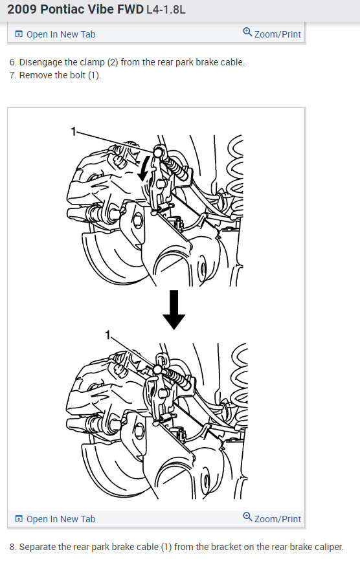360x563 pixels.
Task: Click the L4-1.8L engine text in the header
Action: click(x=166, y=10)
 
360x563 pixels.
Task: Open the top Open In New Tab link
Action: click(x=60, y=34)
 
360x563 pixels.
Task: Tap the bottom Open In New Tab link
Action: click(x=60, y=519)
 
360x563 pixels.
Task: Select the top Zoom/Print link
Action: click(x=277, y=34)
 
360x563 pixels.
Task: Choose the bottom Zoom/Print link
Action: click(x=277, y=518)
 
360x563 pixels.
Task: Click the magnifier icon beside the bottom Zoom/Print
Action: click(x=247, y=517)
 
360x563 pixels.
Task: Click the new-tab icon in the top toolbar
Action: click(x=19, y=34)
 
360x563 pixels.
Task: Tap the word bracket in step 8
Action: click(x=219, y=547)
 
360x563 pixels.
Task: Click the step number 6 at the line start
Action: click(x=12, y=63)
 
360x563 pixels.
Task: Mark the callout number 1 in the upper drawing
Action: click(x=74, y=131)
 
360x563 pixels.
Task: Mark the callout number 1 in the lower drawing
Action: click(x=108, y=335)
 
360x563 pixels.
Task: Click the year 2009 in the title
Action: click(x=22, y=10)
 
